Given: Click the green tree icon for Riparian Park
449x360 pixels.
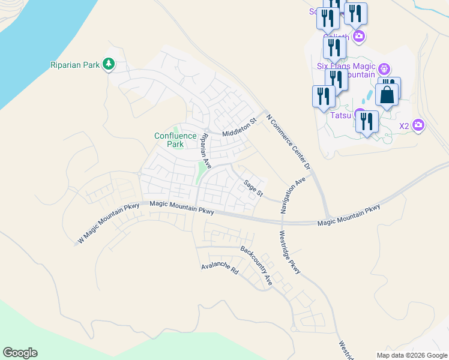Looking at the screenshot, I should point(109,64).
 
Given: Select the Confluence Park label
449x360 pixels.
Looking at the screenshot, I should point(175,140).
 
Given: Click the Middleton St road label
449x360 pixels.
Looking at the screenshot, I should point(239,128).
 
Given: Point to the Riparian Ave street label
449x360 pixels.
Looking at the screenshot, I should point(206,151).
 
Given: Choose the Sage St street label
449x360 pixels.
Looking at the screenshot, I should point(253,188).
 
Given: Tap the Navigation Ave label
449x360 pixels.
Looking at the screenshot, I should point(293,195).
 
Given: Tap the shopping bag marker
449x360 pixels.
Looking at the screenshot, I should point(387,94).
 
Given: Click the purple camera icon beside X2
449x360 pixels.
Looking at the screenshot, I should point(418,125).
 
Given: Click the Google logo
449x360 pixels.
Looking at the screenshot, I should point(20,353).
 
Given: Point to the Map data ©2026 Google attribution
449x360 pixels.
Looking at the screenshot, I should point(411,355).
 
